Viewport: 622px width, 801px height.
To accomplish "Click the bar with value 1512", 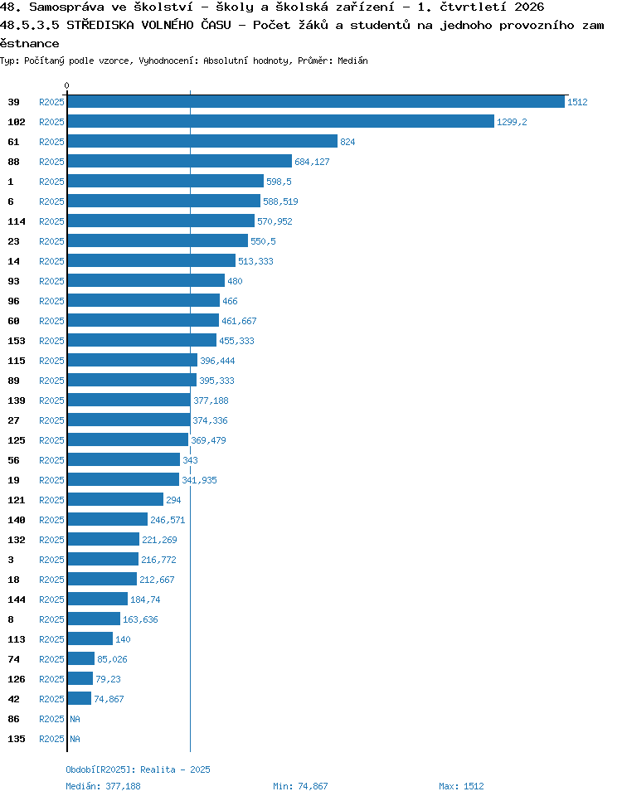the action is pyautogui.click(x=316, y=102).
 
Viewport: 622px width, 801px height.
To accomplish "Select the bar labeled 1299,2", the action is pyautogui.click(x=280, y=122).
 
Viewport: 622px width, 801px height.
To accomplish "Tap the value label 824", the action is pyautogui.click(x=347, y=142).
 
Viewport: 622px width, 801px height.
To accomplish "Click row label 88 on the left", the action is pyautogui.click(x=14, y=162).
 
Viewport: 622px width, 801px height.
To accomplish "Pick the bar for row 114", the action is pyautogui.click(x=161, y=221).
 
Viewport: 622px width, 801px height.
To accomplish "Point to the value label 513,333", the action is pyautogui.click(x=255, y=261).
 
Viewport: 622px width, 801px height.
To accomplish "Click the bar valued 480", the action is pyautogui.click(x=146, y=281).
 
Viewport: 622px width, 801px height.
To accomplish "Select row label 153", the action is pyautogui.click(x=17, y=341).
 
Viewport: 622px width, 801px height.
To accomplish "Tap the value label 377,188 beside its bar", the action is pyautogui.click(x=211, y=400).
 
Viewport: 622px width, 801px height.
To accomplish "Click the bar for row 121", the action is pyautogui.click(x=115, y=500).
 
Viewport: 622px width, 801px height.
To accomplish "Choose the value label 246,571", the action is pyautogui.click(x=168, y=520).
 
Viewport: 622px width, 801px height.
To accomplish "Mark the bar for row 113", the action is pyautogui.click(x=90, y=639).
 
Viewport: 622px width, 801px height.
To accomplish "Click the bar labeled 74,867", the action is pyautogui.click(x=80, y=699).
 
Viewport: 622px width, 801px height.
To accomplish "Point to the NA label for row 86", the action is pyautogui.click(x=75, y=719).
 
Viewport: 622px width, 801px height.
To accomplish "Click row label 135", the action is pyautogui.click(x=17, y=739).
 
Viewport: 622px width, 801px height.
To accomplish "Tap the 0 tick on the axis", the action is pyautogui.click(x=66, y=86).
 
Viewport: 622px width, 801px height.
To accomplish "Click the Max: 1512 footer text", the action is pyautogui.click(x=461, y=786).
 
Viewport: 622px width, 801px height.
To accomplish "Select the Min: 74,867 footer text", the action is pyautogui.click(x=300, y=786).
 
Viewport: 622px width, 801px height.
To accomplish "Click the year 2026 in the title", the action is pyautogui.click(x=529, y=7).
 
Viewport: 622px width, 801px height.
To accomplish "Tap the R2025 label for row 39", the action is pyautogui.click(x=51, y=102).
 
